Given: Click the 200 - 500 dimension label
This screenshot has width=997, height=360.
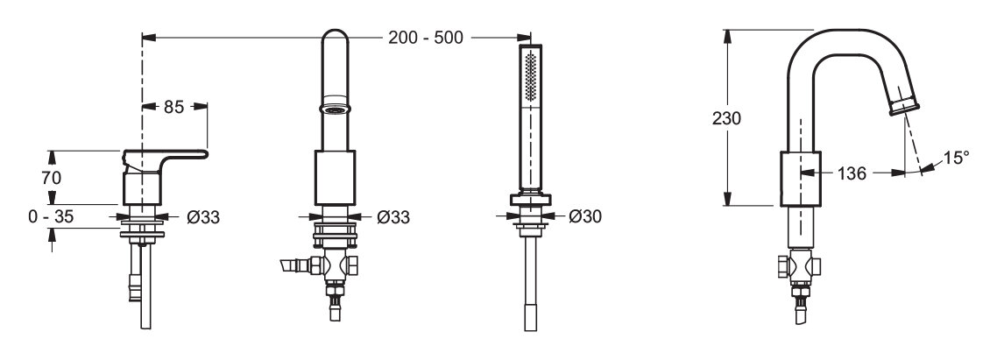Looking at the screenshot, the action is pos(426,38).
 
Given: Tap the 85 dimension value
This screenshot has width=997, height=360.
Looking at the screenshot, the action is pos(173,107).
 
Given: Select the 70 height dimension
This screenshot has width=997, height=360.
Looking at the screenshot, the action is pos(52,178).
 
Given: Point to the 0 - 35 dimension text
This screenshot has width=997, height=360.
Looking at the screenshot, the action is pos(51,217).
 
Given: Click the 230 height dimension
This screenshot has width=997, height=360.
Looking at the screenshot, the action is pos(727,118).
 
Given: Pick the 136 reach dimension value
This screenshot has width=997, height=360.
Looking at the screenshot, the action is pos(852,173).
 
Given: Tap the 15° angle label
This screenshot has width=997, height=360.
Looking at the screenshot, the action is pos(956,157).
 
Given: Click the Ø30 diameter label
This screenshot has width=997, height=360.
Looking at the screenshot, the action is pos(585,217).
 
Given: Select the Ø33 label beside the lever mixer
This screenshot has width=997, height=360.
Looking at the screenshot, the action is pos(203,217).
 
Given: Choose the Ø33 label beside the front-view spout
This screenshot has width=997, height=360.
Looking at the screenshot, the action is pos(393,217).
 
